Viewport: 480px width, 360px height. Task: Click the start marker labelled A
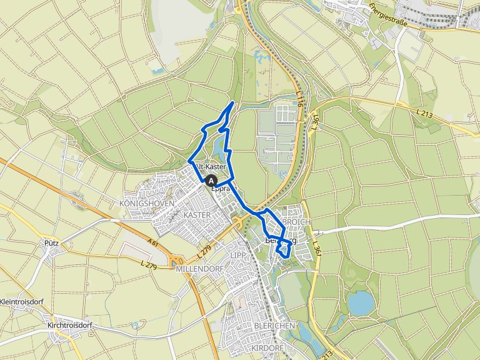pyautogui.click(x=211, y=181)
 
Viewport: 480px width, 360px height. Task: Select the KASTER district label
pyautogui.click(x=197, y=214)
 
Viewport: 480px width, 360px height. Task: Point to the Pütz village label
pyautogui.click(x=51, y=242)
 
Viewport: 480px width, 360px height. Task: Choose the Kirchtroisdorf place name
pyautogui.click(x=69, y=326)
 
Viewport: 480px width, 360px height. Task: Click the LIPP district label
pyautogui.click(x=237, y=256)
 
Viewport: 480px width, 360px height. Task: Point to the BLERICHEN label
pyautogui.click(x=270, y=326)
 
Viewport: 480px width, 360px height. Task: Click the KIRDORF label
pyautogui.click(x=267, y=347)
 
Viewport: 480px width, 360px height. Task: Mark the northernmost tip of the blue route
pyautogui.click(x=233, y=102)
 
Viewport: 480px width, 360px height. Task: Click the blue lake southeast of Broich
pyautogui.click(x=360, y=303)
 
